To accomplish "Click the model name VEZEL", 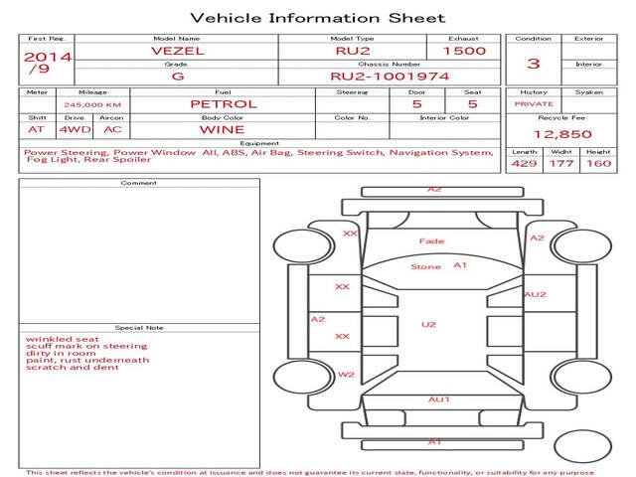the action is (178, 51).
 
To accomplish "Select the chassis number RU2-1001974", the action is (390, 77).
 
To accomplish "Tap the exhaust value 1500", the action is (464, 51).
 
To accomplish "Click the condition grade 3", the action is (534, 64).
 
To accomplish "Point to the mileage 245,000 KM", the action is (92, 105).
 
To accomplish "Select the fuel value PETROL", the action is (224, 104).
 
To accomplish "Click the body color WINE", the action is (222, 130).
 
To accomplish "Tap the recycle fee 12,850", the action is (562, 134).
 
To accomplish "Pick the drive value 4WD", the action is (76, 130).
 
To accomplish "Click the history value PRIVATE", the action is (534, 104).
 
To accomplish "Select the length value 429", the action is (524, 163).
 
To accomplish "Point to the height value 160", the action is (598, 163).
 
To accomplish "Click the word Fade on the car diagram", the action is (432, 241).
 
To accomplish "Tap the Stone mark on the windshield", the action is (425, 267).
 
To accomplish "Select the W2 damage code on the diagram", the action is (346, 375).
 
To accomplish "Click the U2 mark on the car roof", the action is (428, 325).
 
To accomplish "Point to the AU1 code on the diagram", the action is (439, 399).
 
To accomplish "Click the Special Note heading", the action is (139, 328).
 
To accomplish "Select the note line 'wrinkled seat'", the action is (63, 339).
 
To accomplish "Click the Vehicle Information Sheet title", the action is (318, 18).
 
